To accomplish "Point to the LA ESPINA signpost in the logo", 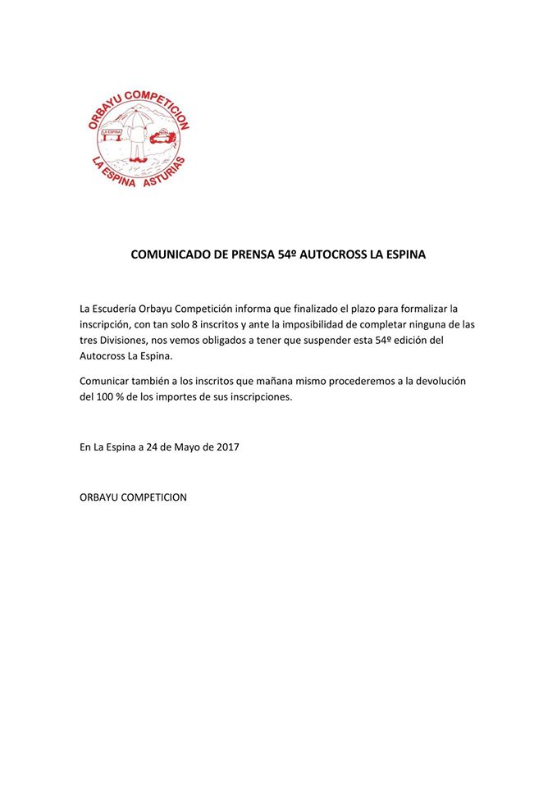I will pyautogui.click(x=109, y=131).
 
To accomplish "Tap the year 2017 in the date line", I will pyautogui.click(x=226, y=447).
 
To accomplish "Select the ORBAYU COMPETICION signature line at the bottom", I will pyautogui.click(x=133, y=497).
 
